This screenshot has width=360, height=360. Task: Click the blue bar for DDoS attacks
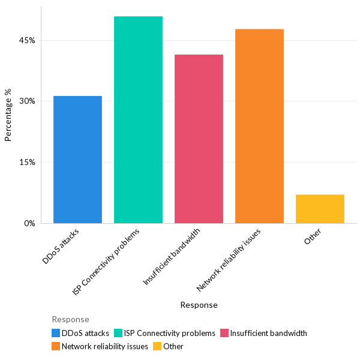[x=77, y=160]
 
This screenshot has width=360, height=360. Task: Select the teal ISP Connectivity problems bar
[x=138, y=120]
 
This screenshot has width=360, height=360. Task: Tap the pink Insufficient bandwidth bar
[x=199, y=139]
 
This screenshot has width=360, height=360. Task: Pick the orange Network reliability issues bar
[x=259, y=126]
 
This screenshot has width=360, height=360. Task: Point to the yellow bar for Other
[x=320, y=209]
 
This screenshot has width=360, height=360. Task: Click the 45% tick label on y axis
[x=28, y=40]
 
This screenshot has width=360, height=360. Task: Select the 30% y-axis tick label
[x=28, y=101]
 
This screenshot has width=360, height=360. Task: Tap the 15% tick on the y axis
[x=28, y=162]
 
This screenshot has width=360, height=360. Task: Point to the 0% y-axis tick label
[x=30, y=223]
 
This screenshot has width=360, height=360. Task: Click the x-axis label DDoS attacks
[x=65, y=245]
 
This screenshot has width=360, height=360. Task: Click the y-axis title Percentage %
[x=8, y=115]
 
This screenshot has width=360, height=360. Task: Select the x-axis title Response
[x=199, y=305]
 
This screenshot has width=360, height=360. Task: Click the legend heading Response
[x=70, y=319]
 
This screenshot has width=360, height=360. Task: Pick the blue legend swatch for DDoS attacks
[x=56, y=333]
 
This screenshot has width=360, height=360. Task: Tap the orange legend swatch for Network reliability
[x=56, y=346]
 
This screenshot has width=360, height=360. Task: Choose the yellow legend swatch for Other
[x=157, y=346]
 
